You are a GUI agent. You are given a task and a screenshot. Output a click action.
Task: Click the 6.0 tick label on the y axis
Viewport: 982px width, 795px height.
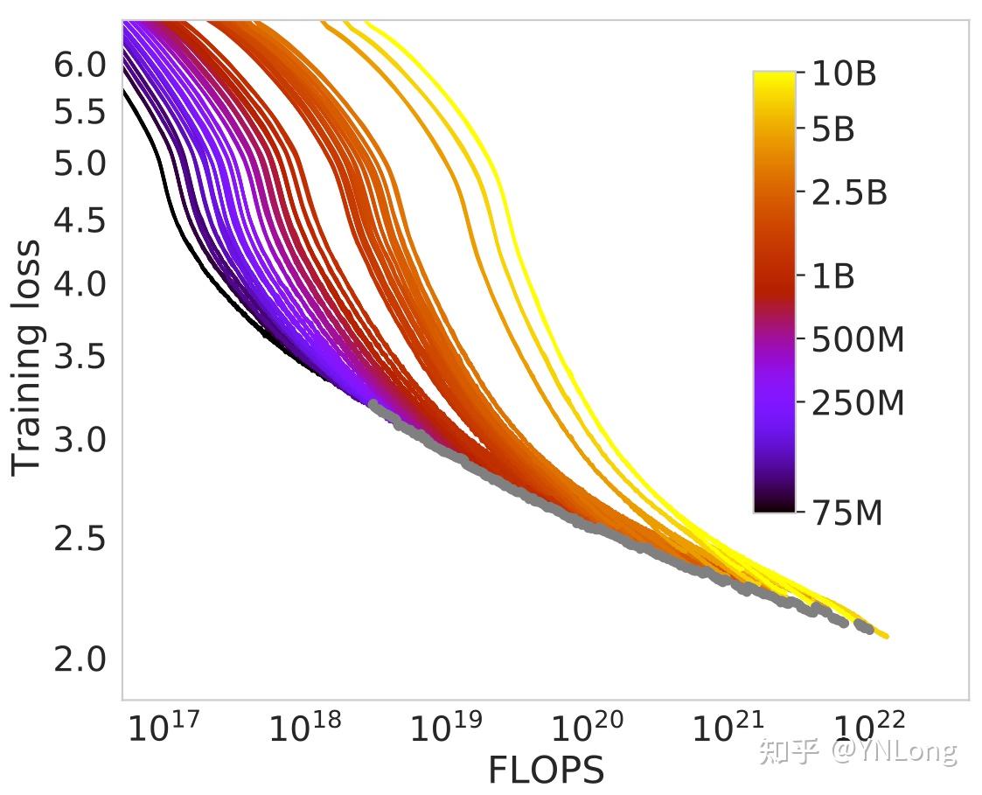pyautogui.click(x=80, y=66)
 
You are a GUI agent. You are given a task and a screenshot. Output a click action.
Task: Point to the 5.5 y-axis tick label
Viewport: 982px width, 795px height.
pyautogui.click(x=80, y=113)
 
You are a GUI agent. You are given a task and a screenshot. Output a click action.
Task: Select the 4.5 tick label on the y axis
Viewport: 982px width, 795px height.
pyautogui.click(x=80, y=220)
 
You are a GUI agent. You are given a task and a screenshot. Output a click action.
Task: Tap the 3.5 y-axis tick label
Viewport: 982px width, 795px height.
pyautogui.click(x=80, y=357)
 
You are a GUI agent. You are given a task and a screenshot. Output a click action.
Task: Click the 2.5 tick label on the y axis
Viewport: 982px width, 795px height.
pyautogui.click(x=80, y=539)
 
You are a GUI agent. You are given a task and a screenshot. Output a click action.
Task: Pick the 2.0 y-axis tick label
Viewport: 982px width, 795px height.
pyautogui.click(x=80, y=659)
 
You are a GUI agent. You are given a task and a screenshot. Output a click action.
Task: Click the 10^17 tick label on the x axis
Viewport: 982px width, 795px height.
pyautogui.click(x=164, y=727)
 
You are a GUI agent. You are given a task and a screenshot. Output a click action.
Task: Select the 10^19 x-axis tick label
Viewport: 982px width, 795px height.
pyautogui.click(x=446, y=727)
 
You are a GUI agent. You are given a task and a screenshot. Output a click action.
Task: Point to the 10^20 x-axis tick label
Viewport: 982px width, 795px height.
pyautogui.click(x=588, y=727)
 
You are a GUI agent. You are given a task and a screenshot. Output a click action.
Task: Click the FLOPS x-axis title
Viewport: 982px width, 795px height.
pyautogui.click(x=546, y=771)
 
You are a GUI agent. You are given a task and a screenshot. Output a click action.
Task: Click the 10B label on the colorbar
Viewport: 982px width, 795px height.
pyautogui.click(x=844, y=75)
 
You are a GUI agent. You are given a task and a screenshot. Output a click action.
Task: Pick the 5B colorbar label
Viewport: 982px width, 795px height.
pyautogui.click(x=833, y=130)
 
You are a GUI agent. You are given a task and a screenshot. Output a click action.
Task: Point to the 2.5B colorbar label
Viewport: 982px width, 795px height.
pyautogui.click(x=849, y=193)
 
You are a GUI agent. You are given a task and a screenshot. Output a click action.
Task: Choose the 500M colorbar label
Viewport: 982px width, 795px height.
pyautogui.click(x=858, y=340)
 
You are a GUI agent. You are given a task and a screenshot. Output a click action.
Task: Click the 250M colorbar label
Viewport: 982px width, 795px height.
pyautogui.click(x=858, y=404)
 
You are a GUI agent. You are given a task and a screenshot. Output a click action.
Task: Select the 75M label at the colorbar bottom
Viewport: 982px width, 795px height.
pyautogui.click(x=847, y=513)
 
